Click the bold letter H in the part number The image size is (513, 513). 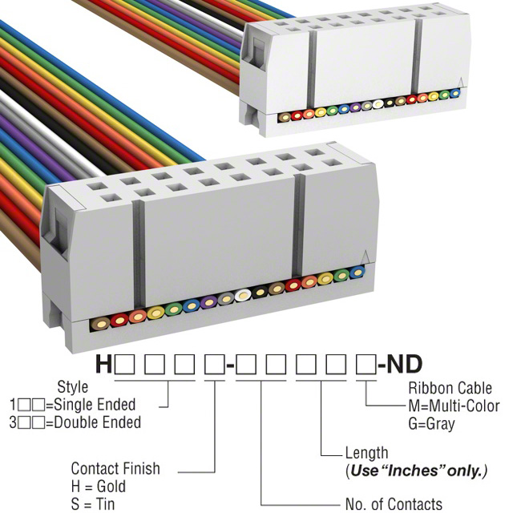coord(104,366)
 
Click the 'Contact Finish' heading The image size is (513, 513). coord(115,468)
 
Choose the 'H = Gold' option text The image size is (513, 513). coord(99,485)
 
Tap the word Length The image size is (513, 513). coord(366,453)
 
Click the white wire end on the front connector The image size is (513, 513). coord(244,295)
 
